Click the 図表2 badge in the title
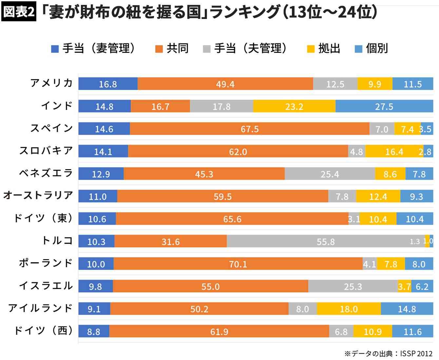click(x=19, y=12)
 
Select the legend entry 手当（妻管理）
click(x=93, y=48)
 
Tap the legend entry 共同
click(x=172, y=48)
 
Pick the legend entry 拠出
click(x=324, y=48)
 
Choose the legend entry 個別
click(x=372, y=48)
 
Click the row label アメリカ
click(x=51, y=83)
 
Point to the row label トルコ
click(x=57, y=241)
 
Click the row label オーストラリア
click(x=38, y=195)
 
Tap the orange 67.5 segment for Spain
click(x=250, y=129)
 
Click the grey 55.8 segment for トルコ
click(x=326, y=242)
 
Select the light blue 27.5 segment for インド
click(x=384, y=106)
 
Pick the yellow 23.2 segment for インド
click(x=294, y=106)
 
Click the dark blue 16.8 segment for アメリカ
click(x=108, y=84)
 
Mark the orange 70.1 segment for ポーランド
click(x=238, y=264)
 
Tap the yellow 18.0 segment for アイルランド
click(x=349, y=309)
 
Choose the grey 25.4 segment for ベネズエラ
click(x=330, y=174)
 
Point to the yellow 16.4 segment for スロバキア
click(x=394, y=152)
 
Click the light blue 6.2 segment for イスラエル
click(x=422, y=286)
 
